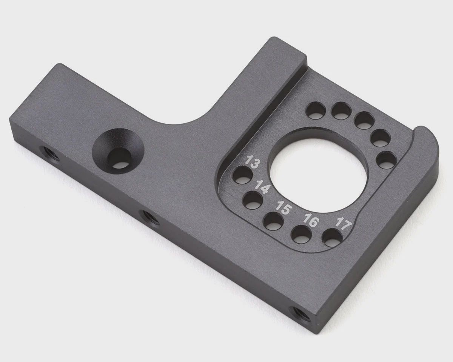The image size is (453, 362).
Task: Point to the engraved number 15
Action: [284, 207]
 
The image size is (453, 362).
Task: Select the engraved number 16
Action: [311, 220]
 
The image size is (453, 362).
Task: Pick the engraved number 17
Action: [344, 224]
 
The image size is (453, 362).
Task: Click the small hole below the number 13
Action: [242, 175]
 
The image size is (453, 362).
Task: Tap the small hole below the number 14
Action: [253, 200]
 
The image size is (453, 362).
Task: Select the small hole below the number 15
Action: [273, 221]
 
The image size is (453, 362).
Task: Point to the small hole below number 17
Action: [332, 238]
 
